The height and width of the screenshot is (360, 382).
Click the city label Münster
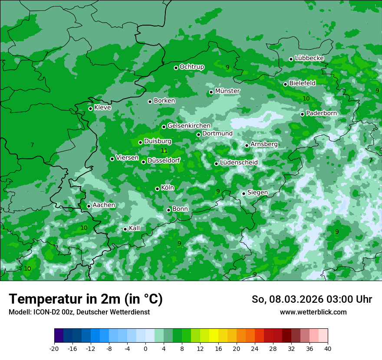pos(227,91)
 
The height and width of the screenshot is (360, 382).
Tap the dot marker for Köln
pos(157,189)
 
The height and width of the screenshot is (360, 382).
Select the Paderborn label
pos(321,113)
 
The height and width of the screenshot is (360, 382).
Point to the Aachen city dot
pos(89,206)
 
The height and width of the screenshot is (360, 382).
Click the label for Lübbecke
pos(309,58)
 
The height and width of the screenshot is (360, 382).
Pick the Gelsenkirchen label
pos(189,126)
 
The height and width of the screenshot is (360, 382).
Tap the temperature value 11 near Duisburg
pos(164,151)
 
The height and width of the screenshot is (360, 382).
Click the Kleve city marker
pos(90,108)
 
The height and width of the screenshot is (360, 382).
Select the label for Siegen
pos(257,193)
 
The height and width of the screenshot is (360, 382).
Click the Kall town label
pos(134,228)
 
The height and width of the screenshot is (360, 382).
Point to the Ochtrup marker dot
pos(176,68)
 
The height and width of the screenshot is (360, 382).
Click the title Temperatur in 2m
pos(86,299)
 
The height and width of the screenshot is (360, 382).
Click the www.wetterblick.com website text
pos(313,312)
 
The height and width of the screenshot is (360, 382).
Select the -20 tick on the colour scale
pos(54,348)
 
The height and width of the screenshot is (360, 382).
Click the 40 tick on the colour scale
pos(327,348)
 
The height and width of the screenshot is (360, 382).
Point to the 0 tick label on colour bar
pos(145,348)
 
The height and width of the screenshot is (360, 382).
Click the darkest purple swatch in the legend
pos(59,336)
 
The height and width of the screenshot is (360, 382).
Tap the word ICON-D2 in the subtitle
pos(44,312)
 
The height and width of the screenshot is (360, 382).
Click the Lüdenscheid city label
pos(239,163)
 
